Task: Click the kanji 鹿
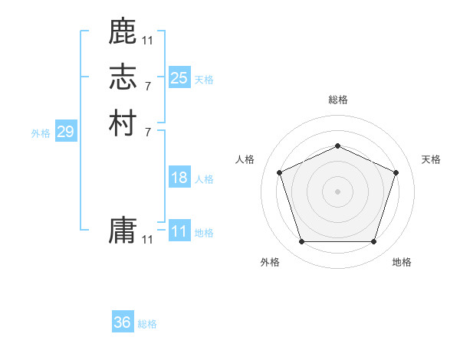[x=123, y=31]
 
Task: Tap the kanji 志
[x=123, y=77]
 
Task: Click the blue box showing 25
[x=179, y=77]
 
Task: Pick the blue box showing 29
[x=65, y=132]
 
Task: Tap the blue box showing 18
[x=179, y=178]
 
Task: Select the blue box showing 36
[x=123, y=322]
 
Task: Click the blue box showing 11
[x=179, y=231]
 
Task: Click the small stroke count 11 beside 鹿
[x=148, y=40]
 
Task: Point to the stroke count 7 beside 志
[x=148, y=85]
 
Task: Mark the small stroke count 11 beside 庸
[x=148, y=240]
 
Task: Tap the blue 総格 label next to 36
[x=147, y=324]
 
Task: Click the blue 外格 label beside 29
[x=41, y=133]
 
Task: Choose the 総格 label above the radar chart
[x=337, y=100]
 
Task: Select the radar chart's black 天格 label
[x=432, y=159]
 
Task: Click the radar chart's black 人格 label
[x=245, y=159]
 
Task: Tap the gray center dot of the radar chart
[x=337, y=191]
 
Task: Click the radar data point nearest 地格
[x=373, y=242]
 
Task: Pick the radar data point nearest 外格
[x=301, y=242]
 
